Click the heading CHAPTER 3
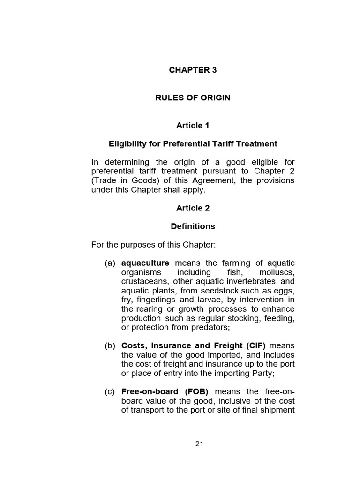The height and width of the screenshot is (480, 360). coord(193,70)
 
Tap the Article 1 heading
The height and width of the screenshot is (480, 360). coord(193,125)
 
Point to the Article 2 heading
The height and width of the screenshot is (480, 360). coord(193,208)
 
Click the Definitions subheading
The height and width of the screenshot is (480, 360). coord(193,226)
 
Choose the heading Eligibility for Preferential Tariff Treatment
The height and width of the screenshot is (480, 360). coord(193,143)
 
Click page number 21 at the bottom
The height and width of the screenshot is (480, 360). coord(200,444)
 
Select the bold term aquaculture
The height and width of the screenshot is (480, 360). coord(145,263)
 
